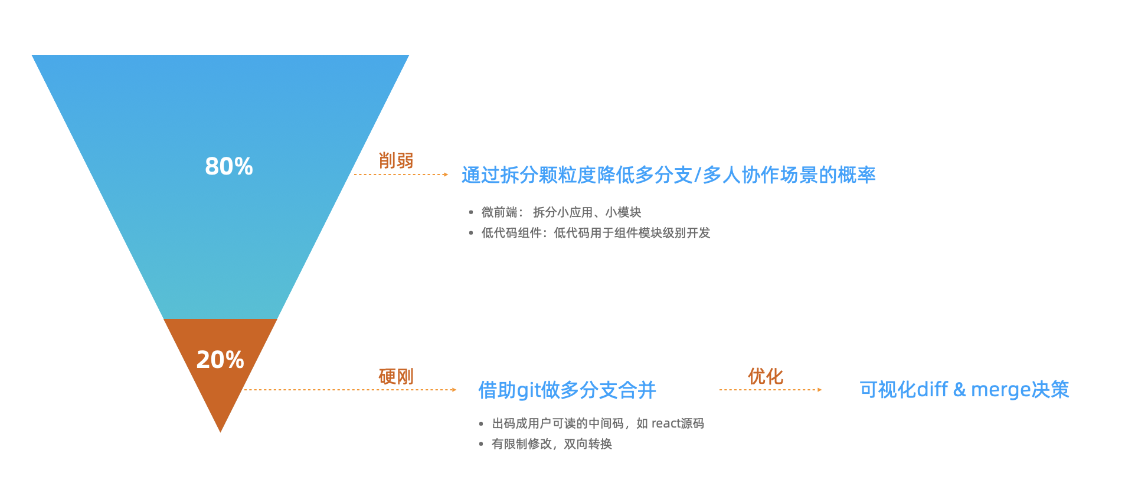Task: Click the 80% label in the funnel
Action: [x=229, y=166]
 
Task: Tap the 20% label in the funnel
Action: [x=220, y=360]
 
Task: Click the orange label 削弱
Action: [x=396, y=160]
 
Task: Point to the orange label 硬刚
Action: [x=396, y=376]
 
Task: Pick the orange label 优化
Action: [x=766, y=376]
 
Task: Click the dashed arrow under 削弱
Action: [x=401, y=175]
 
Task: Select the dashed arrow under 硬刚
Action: [x=351, y=390]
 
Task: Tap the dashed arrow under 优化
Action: [x=771, y=390]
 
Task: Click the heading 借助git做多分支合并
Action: [x=567, y=390]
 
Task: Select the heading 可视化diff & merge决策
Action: [x=964, y=389]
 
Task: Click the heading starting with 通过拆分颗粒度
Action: [x=669, y=175]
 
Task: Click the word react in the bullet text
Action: [x=666, y=423]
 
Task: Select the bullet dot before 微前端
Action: [x=471, y=212]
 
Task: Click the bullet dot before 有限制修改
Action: [x=481, y=444]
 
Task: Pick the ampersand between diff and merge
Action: [x=960, y=390]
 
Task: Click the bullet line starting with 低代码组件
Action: [x=596, y=233]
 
